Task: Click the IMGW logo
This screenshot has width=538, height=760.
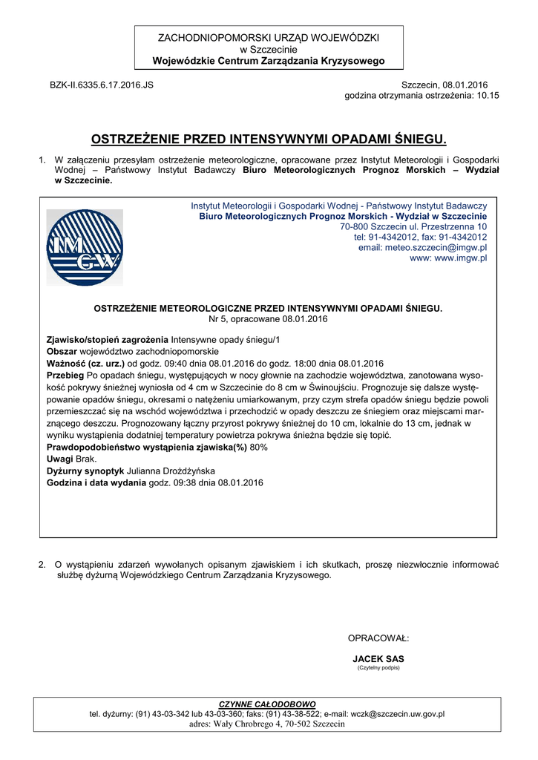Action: [x=85, y=247]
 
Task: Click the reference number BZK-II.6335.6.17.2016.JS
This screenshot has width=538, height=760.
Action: [x=102, y=85]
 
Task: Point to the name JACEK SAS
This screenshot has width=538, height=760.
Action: [x=378, y=658]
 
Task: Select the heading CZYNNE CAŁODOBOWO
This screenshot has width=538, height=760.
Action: [x=267, y=704]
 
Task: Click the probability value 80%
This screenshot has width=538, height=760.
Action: [x=259, y=448]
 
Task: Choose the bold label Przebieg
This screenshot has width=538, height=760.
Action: [x=65, y=376]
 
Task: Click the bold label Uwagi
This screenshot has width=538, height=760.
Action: [x=60, y=459]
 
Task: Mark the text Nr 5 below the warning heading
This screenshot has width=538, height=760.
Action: [x=218, y=318]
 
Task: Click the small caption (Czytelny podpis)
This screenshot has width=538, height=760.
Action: [x=378, y=667]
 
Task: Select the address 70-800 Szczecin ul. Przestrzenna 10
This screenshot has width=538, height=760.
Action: [x=413, y=226]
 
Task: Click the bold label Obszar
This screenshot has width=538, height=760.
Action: [x=62, y=351]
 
